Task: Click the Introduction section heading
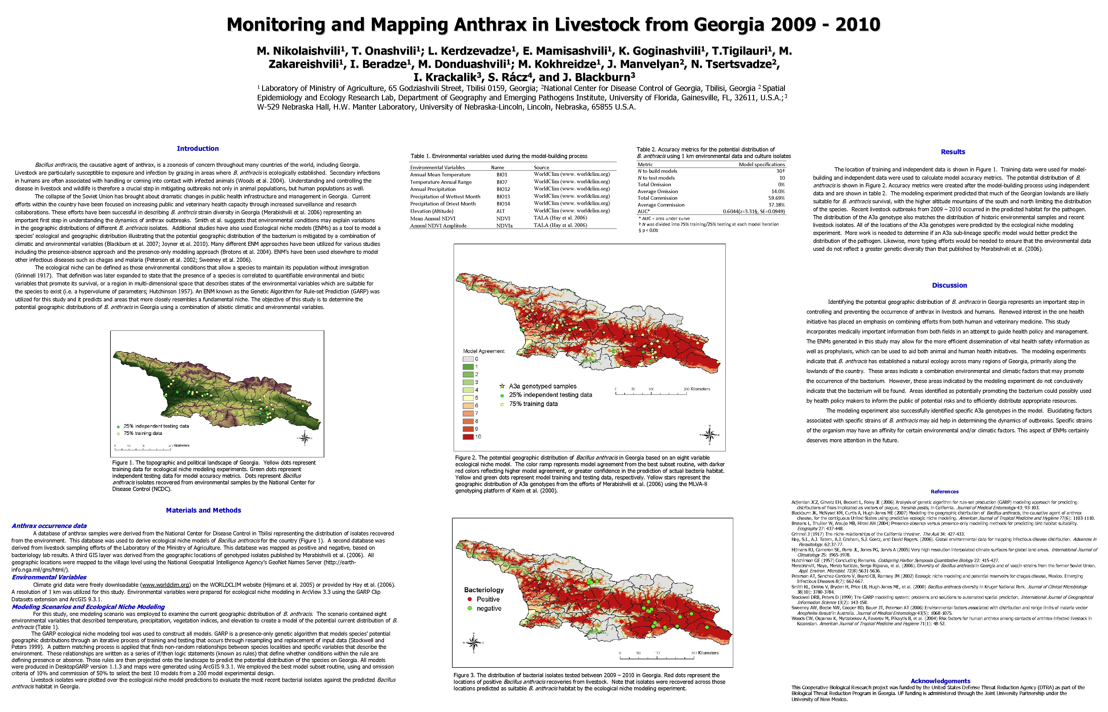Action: [198, 148]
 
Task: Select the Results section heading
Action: [953, 152]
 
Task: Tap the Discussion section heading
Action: [949, 285]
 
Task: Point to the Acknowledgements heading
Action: [940, 681]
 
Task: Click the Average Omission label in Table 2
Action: [658, 191]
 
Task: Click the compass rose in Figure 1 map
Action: [304, 437]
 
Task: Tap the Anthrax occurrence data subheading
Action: [49, 526]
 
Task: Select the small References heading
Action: [944, 491]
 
